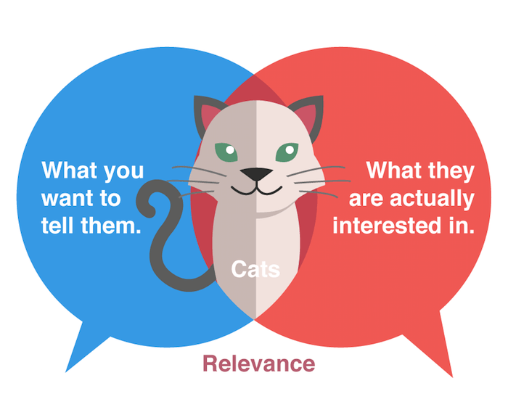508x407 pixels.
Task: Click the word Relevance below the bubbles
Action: [x=258, y=363]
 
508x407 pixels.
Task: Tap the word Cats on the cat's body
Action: [x=255, y=269]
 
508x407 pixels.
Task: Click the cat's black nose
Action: [x=256, y=174]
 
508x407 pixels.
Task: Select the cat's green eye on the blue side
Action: [x=226, y=152]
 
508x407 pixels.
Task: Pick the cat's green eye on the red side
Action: [x=287, y=152]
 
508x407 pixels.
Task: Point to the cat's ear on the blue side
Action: [x=208, y=113]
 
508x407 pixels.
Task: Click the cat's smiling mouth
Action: [x=256, y=190]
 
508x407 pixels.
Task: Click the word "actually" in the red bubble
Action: [x=433, y=199]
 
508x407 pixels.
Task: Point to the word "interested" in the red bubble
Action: [x=387, y=226]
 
